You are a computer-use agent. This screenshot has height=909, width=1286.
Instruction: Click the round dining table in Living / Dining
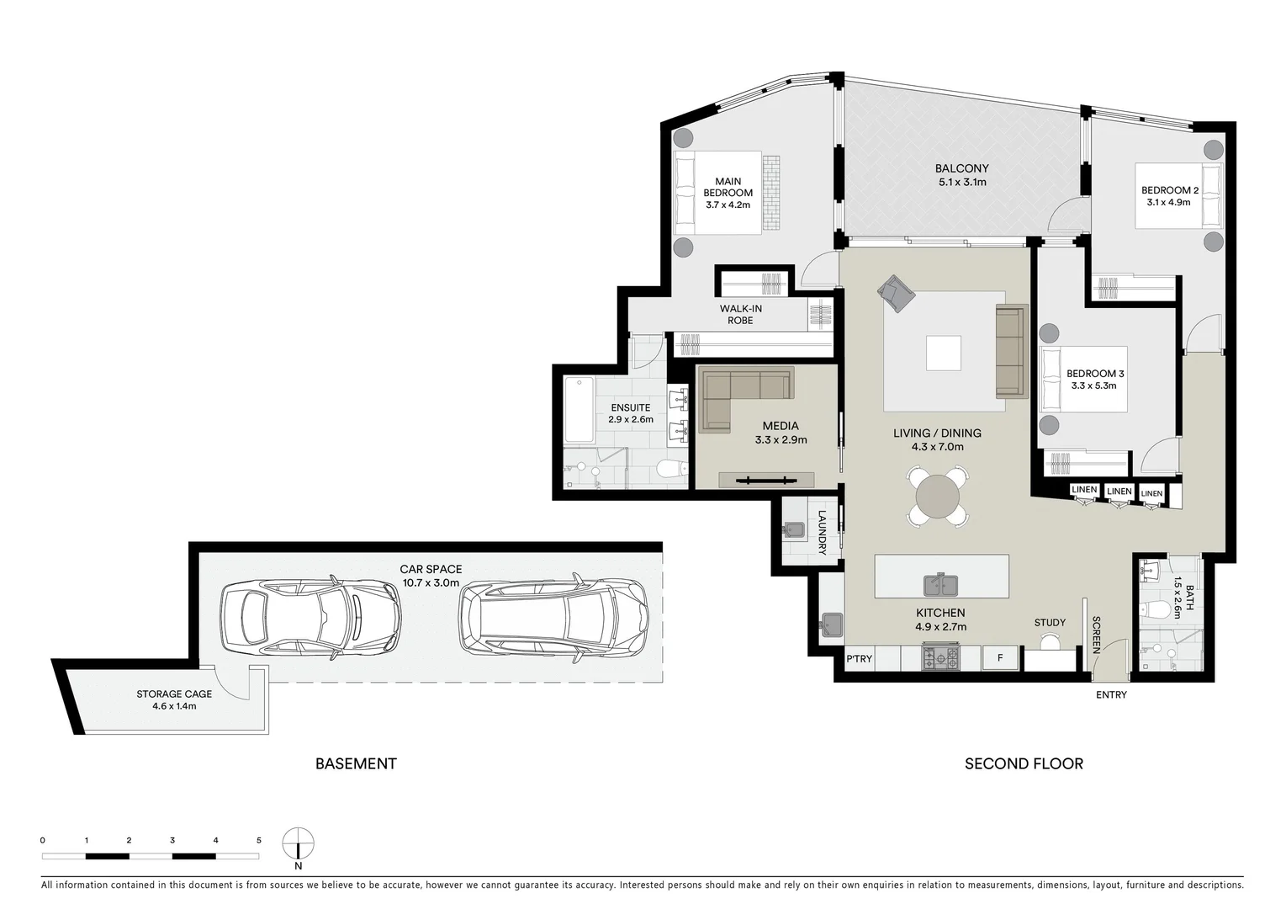(937, 497)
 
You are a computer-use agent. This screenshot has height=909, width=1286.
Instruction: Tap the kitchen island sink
(940, 584)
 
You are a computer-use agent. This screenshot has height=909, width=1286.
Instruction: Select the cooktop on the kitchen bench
(940, 658)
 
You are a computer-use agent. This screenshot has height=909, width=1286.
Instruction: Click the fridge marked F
(1000, 658)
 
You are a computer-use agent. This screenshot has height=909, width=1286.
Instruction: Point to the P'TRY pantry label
(859, 658)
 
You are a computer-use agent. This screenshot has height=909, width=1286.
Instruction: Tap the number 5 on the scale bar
(259, 840)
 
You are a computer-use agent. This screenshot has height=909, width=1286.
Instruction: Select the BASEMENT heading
(356, 763)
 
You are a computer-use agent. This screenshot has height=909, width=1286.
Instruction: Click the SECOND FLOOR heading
(1024, 763)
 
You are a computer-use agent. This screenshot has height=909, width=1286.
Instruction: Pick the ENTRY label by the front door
(1111, 694)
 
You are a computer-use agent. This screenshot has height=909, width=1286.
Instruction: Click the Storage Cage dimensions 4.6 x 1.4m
(174, 706)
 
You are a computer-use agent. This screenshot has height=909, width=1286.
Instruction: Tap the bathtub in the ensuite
(578, 409)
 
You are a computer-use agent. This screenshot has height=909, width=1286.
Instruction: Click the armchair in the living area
(897, 294)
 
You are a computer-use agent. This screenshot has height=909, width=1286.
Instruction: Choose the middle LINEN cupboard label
(1119, 492)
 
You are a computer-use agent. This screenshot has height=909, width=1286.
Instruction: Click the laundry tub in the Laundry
(795, 528)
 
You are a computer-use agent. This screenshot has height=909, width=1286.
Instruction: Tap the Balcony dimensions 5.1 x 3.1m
(962, 182)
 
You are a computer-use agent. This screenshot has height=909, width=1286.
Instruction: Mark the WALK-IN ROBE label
(741, 314)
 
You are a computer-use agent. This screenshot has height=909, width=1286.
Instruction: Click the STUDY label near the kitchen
(1050, 622)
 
